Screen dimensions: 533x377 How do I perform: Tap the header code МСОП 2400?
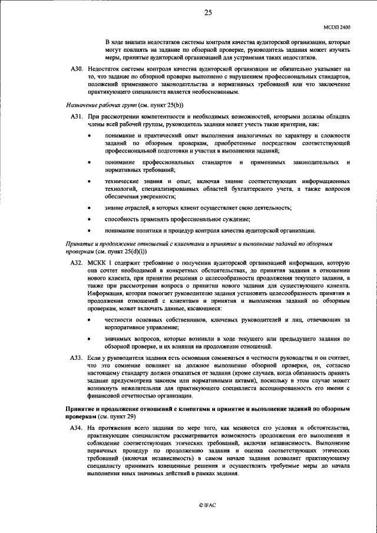(x=338, y=27)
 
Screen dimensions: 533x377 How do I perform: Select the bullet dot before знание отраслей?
(x=89, y=208)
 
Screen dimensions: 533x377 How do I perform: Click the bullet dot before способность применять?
(x=89, y=219)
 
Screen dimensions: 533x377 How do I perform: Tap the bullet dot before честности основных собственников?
(x=89, y=319)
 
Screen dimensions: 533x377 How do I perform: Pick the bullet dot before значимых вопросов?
(x=89, y=339)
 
